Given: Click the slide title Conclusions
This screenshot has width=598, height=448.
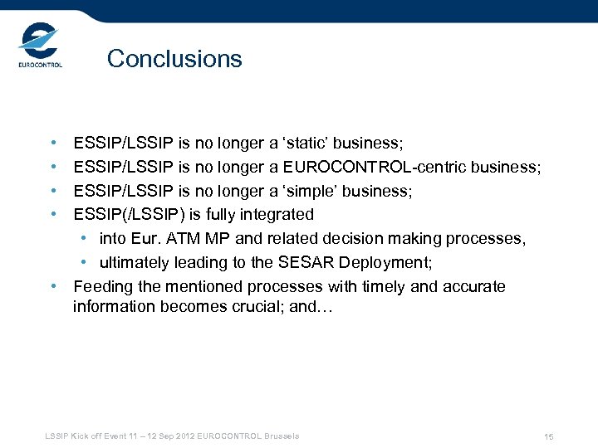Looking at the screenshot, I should pos(174,59).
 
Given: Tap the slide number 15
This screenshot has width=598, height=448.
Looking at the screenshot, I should pos(548,436).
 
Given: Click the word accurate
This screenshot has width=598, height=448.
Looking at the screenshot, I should pos(474,287).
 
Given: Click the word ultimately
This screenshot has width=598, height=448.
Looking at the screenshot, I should pos(136,263).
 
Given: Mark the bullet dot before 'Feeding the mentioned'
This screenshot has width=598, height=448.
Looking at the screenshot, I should pos(53,287).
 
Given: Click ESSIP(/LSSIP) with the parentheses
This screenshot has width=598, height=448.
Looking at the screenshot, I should pos(129,215).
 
